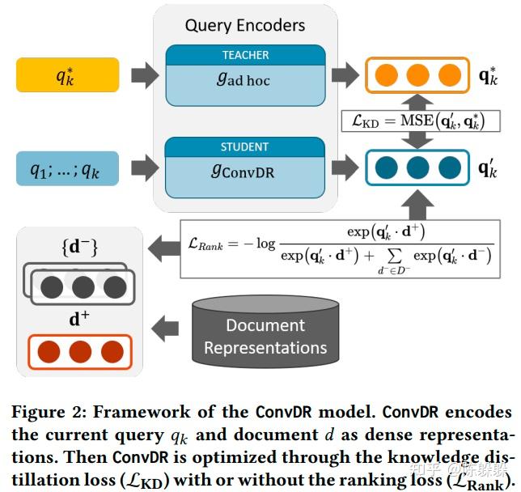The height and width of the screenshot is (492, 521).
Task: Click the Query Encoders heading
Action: tap(244, 25)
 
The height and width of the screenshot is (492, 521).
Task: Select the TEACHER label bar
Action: tap(244, 55)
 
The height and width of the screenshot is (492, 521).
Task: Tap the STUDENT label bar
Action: tap(244, 147)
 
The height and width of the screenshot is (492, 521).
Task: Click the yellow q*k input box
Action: tap(67, 77)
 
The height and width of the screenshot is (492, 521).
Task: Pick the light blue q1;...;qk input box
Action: tap(67, 169)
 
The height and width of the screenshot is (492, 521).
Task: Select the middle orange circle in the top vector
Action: tap(417, 77)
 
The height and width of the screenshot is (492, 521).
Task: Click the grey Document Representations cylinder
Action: tap(266, 333)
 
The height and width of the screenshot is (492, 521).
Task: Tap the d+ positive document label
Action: tap(78, 319)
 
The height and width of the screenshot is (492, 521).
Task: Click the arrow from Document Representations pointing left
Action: tap(165, 329)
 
